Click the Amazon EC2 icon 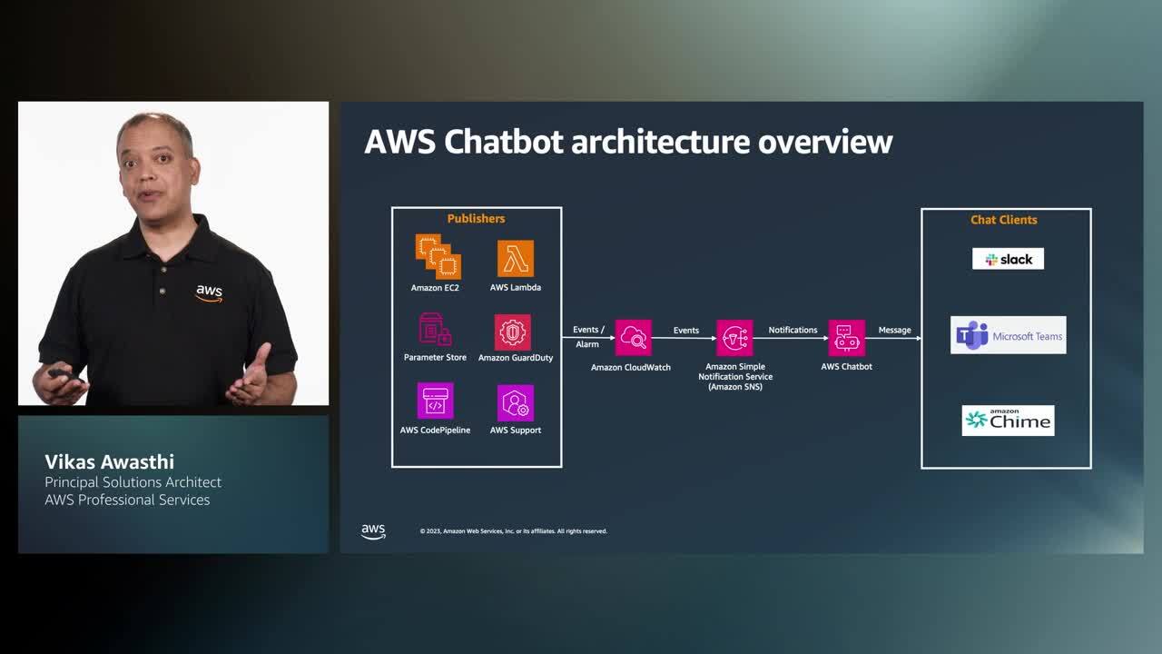pyautogui.click(x=438, y=256)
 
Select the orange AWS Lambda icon pyautogui.click(x=516, y=259)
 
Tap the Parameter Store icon pyautogui.click(x=435, y=330)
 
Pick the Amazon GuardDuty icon pyautogui.click(x=513, y=332)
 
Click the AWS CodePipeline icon pyautogui.click(x=435, y=401)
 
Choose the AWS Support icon pyautogui.click(x=516, y=403)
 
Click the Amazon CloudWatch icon pyautogui.click(x=633, y=338)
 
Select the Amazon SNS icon pyautogui.click(x=734, y=338)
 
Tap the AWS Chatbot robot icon pyautogui.click(x=846, y=338)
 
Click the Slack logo pyautogui.click(x=1008, y=259)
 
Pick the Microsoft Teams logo pyautogui.click(x=1008, y=336)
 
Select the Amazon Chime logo pyautogui.click(x=1008, y=420)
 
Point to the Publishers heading pyautogui.click(x=476, y=219)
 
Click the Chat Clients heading pyautogui.click(x=1003, y=220)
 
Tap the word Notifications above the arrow pyautogui.click(x=793, y=330)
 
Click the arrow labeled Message pyautogui.click(x=893, y=338)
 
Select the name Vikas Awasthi pyautogui.click(x=109, y=461)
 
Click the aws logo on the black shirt pyautogui.click(x=209, y=292)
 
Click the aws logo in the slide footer pyautogui.click(x=373, y=531)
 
